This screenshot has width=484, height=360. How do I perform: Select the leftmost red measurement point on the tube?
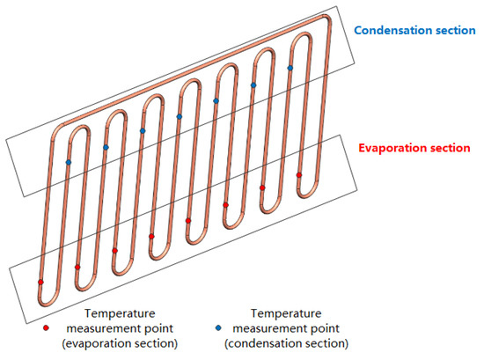(41, 282)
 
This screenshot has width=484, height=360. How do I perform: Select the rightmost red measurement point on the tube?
(299, 174)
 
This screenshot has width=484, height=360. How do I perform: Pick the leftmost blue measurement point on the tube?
(69, 162)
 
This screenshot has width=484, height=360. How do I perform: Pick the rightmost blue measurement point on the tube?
(290, 68)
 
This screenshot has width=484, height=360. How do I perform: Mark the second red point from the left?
(78, 267)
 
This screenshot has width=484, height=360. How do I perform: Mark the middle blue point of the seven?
(180, 116)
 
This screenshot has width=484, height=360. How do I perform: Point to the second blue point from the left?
(106, 147)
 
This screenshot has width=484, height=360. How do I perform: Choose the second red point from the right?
(262, 187)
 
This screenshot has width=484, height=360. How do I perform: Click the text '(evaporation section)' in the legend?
(122, 342)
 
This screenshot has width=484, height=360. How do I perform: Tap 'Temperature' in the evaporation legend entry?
(122, 312)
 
